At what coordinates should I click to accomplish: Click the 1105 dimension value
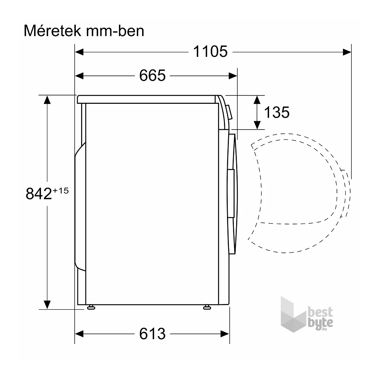tap(210, 52)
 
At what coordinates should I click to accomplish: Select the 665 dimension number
tap(152, 76)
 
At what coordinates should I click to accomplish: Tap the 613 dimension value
tap(152, 334)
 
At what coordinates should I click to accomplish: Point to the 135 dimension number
tap(277, 112)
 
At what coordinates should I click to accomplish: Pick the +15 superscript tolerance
tap(61, 190)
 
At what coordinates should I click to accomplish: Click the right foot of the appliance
tap(207, 307)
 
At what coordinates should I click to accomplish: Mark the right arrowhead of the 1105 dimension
tap(347, 52)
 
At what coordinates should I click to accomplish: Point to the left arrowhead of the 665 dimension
tap(80, 76)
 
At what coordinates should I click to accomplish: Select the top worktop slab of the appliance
tap(148, 99)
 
